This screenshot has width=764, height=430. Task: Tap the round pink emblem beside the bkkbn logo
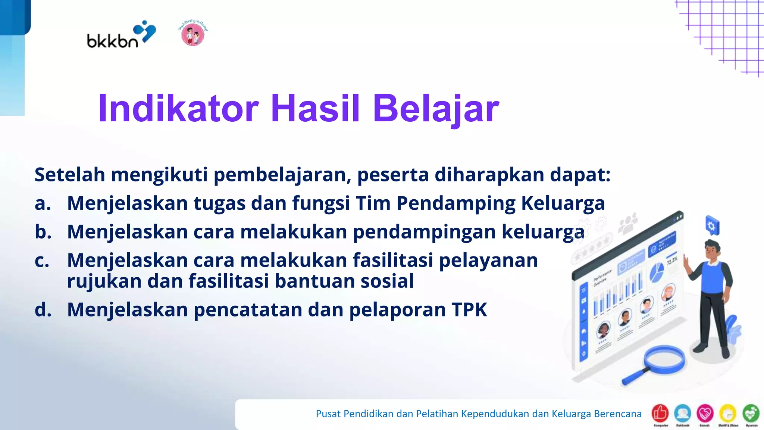point(192,34)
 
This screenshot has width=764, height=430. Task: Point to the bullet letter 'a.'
point(43,204)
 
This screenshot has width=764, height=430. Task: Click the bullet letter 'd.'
point(43,310)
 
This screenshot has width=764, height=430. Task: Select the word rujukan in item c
point(104,281)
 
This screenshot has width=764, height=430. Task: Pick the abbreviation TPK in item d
point(469,310)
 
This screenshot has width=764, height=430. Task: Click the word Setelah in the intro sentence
point(70,175)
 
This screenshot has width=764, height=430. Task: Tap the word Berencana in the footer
point(617,414)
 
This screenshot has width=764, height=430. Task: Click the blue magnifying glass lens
point(664,360)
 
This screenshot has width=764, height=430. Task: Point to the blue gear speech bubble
point(712,226)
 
